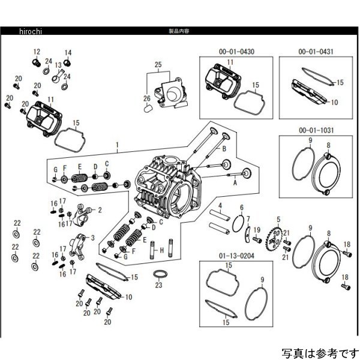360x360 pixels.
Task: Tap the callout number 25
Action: [x=158, y=64]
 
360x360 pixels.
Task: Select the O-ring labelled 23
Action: [x=158, y=275]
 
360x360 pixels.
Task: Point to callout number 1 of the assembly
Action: [x=118, y=145]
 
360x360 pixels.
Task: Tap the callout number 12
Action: [x=36, y=52]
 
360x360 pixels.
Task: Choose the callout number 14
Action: [x=68, y=52]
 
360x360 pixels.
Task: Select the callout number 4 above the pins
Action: [x=220, y=206]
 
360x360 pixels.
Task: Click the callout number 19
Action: [x=256, y=230]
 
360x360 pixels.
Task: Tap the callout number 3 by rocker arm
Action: [x=92, y=238]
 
